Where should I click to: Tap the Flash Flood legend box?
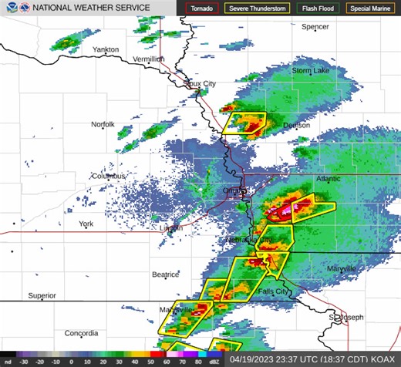[x=317, y=8]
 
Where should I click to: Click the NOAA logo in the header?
[x=8, y=8]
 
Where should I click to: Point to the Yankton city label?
[x=106, y=49]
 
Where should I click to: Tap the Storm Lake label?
[x=310, y=71]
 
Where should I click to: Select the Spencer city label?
[x=315, y=26]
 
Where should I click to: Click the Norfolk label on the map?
[x=103, y=124]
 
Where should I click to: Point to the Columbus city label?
[x=108, y=176]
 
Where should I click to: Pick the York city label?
[x=86, y=224]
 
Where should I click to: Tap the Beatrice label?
[x=165, y=274]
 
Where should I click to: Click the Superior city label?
[x=42, y=295]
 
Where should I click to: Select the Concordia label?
[x=81, y=334]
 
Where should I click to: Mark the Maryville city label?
[x=341, y=268]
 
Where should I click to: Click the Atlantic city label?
[x=328, y=179]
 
